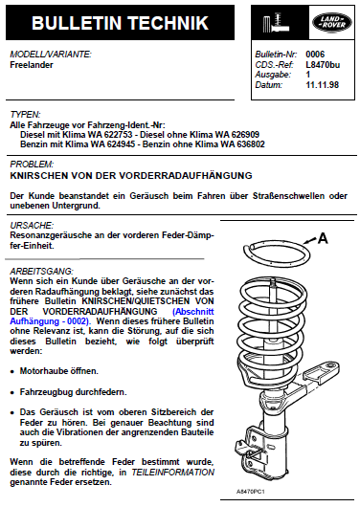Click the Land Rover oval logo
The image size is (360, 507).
point(332,23)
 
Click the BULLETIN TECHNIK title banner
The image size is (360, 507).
point(120,22)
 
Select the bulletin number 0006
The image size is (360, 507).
point(315,55)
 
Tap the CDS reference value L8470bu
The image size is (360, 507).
point(323,65)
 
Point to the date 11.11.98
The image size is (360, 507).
point(322,85)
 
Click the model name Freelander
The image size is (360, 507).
point(32,65)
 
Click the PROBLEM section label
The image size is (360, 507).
point(32,165)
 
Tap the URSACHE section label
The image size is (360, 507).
point(32,225)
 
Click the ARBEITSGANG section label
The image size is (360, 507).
point(42,271)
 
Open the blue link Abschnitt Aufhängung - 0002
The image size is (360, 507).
point(112,317)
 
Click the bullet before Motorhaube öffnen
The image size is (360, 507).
point(12,372)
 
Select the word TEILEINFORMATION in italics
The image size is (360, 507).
point(173,472)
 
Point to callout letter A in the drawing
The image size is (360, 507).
point(323,238)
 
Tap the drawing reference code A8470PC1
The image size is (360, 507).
point(251,492)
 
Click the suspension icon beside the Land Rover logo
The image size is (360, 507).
point(276,23)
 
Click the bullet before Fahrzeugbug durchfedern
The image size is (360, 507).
point(12,393)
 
